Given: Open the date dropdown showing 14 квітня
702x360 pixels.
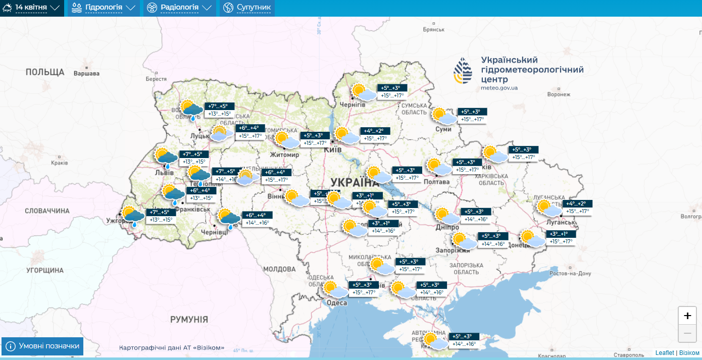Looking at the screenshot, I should pos(31,8).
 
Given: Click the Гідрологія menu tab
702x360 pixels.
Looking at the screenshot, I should pos(104,8).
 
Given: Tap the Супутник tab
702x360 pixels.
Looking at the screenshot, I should pos(247,8).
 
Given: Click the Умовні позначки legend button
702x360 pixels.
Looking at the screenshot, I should pos(42,346).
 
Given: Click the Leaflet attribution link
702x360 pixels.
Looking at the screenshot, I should pos(665,353).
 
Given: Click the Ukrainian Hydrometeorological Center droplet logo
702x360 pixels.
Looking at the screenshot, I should pos(463,71).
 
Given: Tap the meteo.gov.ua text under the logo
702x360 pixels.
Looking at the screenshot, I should pos(499,88).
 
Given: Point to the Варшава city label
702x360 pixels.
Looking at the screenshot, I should pos(86,73).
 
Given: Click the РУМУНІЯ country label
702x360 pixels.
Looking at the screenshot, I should pos(189,320).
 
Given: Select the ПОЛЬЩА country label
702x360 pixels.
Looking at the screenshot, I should pos(45,72).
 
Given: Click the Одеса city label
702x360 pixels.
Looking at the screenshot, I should pos(337,302).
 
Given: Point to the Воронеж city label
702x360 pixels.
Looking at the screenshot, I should pos(559,94).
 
